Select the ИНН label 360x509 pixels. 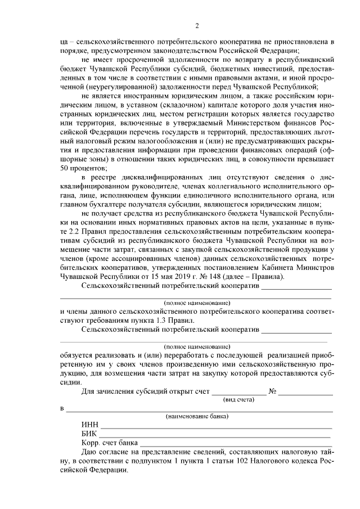[x=90, y=425]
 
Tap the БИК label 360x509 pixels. [x=89, y=434]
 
